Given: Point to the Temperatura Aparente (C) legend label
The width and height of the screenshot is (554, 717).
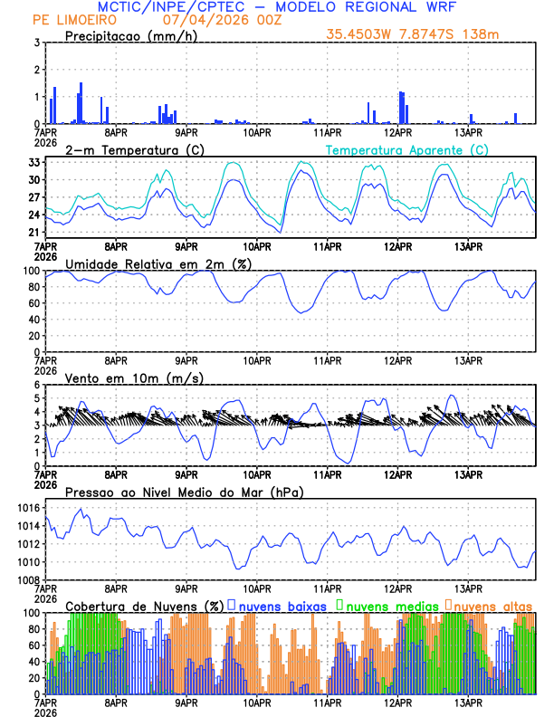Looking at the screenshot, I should coord(407,149).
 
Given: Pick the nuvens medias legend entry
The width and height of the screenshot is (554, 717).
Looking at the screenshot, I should coord(386,606).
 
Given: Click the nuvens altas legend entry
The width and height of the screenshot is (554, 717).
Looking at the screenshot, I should coord(492,606).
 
